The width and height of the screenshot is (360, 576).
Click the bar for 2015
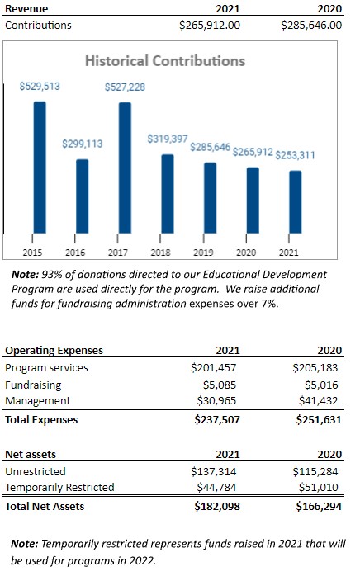[40, 168]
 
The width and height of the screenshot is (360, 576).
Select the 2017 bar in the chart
[125, 168]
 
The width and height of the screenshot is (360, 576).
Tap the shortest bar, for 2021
[296, 202]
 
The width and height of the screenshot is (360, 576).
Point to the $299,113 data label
[83, 144]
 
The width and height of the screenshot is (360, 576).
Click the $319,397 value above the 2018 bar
[168, 139]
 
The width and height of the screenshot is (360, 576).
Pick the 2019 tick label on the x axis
[203, 253]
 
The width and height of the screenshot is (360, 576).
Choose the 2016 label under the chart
[75, 253]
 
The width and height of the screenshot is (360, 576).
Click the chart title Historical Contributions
[165, 61]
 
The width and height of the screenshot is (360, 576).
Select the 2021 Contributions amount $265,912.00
[210, 26]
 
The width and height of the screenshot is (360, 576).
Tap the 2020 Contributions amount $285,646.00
[311, 26]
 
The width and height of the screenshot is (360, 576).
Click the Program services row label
[47, 368]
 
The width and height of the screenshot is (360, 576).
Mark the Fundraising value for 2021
[220, 385]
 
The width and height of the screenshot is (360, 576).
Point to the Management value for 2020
[318, 400]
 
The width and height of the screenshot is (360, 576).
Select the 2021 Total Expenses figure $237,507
[217, 419]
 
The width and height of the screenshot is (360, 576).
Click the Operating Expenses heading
[54, 351]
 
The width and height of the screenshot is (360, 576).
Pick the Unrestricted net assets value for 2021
[214, 471]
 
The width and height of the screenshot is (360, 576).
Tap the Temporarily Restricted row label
[59, 487]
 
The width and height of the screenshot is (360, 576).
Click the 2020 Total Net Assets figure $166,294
[319, 506]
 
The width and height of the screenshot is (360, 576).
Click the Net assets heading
[31, 455]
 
